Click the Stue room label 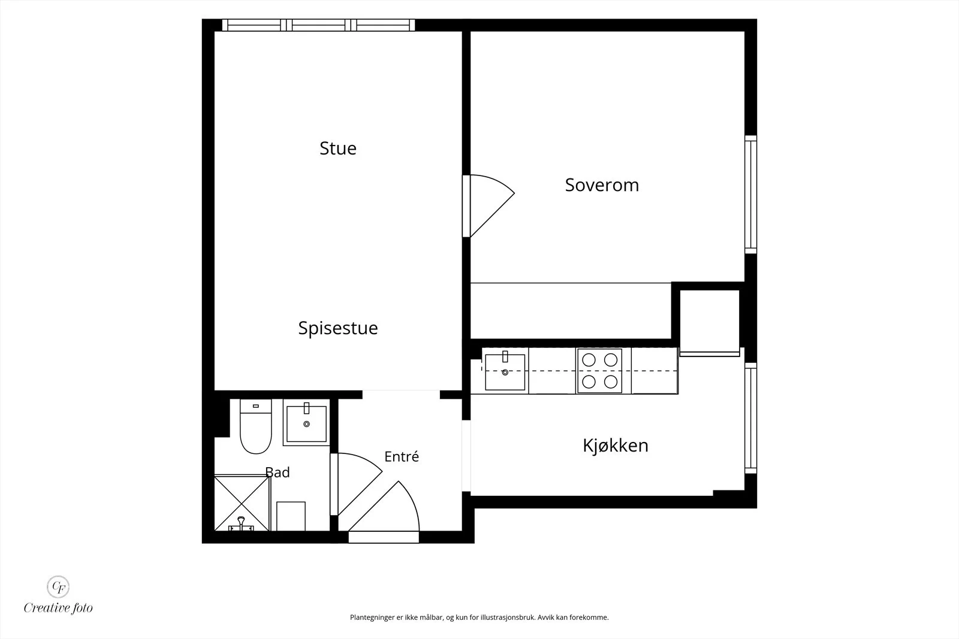point(338,149)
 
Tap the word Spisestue point(338,328)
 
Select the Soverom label point(602,185)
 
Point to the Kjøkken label point(615,446)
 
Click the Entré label point(401,456)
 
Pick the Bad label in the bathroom point(278,472)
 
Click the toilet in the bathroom point(255,426)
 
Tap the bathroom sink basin point(306,423)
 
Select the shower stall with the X point(242,502)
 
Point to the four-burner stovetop point(599,371)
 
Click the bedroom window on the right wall point(750,195)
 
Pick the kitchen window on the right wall point(750,418)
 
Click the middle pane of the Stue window point(318,25)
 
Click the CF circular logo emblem point(58,587)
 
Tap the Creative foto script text point(58,608)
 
